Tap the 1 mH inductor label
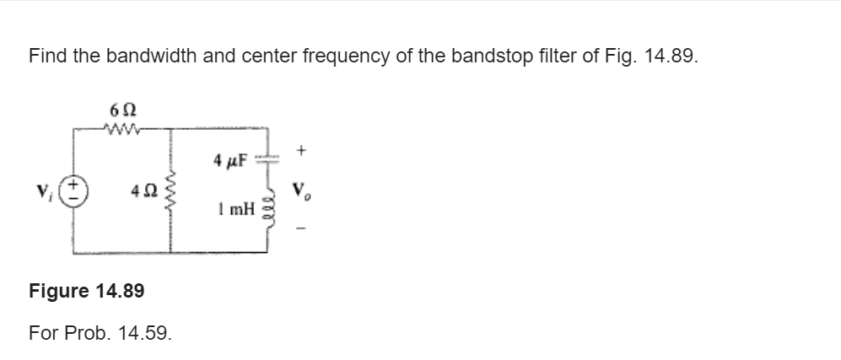(235, 208)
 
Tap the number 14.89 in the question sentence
(671, 57)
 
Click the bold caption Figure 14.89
(86, 291)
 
